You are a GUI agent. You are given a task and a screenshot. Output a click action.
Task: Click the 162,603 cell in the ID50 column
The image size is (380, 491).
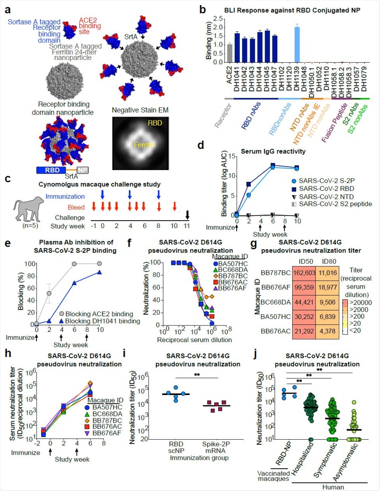[304, 273]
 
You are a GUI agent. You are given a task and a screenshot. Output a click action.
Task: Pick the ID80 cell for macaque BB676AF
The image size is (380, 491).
[327, 287]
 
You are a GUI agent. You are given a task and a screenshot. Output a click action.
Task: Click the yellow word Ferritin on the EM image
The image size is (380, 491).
[144, 145]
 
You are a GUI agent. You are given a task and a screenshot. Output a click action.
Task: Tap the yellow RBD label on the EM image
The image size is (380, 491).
[155, 123]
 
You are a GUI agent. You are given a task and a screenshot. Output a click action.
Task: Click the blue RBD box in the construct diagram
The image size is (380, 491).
[52, 170]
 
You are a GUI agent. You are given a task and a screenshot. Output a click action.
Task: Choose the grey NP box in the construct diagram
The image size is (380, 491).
[83, 170]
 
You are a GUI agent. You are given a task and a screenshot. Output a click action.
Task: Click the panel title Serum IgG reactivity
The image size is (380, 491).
[273, 151]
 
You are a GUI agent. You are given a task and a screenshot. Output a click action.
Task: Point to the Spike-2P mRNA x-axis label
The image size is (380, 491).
[216, 447]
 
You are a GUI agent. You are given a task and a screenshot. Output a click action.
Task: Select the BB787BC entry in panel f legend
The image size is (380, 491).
[230, 276]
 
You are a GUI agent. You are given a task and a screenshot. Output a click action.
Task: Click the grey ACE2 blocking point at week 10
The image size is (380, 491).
[99, 264]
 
